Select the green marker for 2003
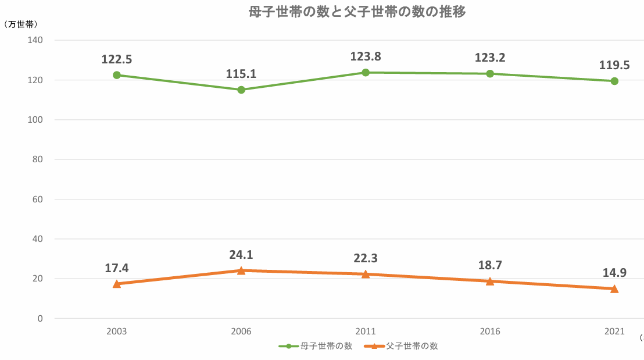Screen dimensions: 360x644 pos(117,75)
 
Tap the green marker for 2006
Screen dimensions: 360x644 pos(241,90)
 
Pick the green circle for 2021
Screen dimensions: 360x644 pos(614,81)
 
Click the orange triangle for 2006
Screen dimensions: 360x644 pos(241,270)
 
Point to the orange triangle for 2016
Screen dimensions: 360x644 pos(490,281)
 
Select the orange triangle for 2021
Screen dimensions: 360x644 pos(614,288)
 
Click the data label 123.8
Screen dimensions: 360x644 pos(366,56)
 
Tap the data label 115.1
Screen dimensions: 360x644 pos(241,74)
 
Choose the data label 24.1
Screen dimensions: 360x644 pos(241,255)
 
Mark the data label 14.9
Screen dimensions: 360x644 pos(614,272)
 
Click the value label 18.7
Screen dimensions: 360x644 pos(490,265)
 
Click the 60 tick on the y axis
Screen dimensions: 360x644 pos(38,199)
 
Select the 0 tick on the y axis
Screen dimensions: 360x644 pos(41,318)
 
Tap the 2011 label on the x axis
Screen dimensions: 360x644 pos(366,332)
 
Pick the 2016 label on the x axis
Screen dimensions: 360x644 pos(490,332)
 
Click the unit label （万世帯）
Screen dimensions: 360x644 pos(21,24)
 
